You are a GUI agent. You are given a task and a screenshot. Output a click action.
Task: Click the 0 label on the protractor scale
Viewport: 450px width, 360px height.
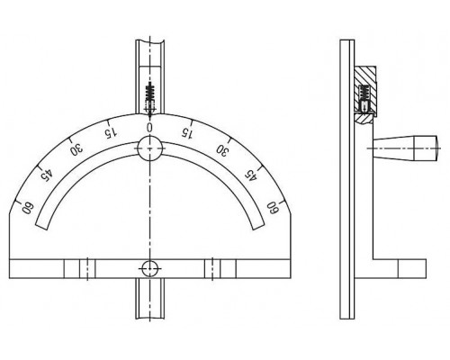click(149, 127)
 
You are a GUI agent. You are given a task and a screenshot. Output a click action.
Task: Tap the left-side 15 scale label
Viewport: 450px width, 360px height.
click(110, 133)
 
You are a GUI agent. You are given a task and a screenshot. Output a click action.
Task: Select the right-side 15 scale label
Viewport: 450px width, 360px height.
click(186, 132)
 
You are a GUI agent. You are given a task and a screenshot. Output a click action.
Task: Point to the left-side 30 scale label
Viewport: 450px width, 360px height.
click(76, 149)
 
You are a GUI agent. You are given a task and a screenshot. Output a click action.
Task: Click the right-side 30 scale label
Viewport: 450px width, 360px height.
click(221, 149)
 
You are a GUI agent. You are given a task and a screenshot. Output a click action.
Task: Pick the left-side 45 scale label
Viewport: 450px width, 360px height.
click(47, 175)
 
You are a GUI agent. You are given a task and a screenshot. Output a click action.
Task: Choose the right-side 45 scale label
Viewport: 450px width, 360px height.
click(251, 175)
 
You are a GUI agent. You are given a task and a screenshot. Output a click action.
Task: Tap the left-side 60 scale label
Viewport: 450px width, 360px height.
click(28, 208)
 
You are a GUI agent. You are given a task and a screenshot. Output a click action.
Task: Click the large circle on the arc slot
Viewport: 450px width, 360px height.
click(149, 148)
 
